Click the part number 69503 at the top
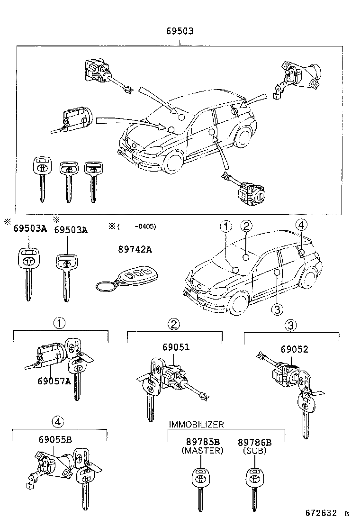pyautogui.click(x=180, y=31)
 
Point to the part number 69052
pyautogui.click(x=294, y=350)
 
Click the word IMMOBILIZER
pyautogui.click(x=196, y=424)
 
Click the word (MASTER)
pyautogui.click(x=202, y=451)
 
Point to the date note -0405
pyautogui.click(x=145, y=226)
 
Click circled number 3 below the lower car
pyautogui.click(x=277, y=309)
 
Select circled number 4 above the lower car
pyautogui.click(x=301, y=226)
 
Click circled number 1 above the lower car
pyautogui.click(x=225, y=226)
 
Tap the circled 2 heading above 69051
pyautogui.click(x=174, y=324)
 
